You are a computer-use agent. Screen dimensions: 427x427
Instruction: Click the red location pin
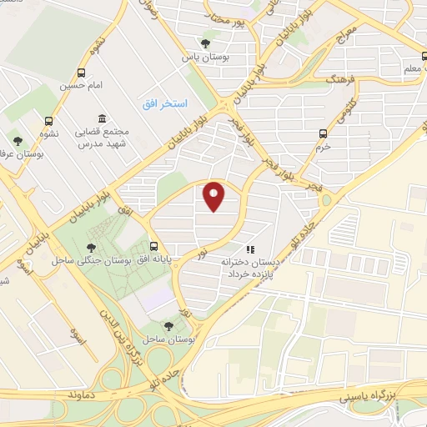click(213, 196)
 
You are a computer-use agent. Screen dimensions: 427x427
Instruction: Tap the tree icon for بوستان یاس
click(205, 43)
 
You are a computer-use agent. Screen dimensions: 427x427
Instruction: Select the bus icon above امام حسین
click(81, 73)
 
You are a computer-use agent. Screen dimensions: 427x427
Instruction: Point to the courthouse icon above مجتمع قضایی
click(102, 118)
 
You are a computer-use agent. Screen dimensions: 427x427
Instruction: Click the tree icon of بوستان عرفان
click(18, 141)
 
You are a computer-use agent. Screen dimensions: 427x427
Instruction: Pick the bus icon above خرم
click(323, 133)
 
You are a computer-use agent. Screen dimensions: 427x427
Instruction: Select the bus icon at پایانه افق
click(153, 246)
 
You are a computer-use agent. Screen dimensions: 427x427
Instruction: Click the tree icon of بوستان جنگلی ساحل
click(89, 247)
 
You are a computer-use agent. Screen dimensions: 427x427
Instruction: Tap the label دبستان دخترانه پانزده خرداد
click(252, 267)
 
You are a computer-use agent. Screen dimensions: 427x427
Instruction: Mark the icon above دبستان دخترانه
click(249, 248)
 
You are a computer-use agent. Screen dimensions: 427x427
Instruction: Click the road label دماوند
click(86, 390)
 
